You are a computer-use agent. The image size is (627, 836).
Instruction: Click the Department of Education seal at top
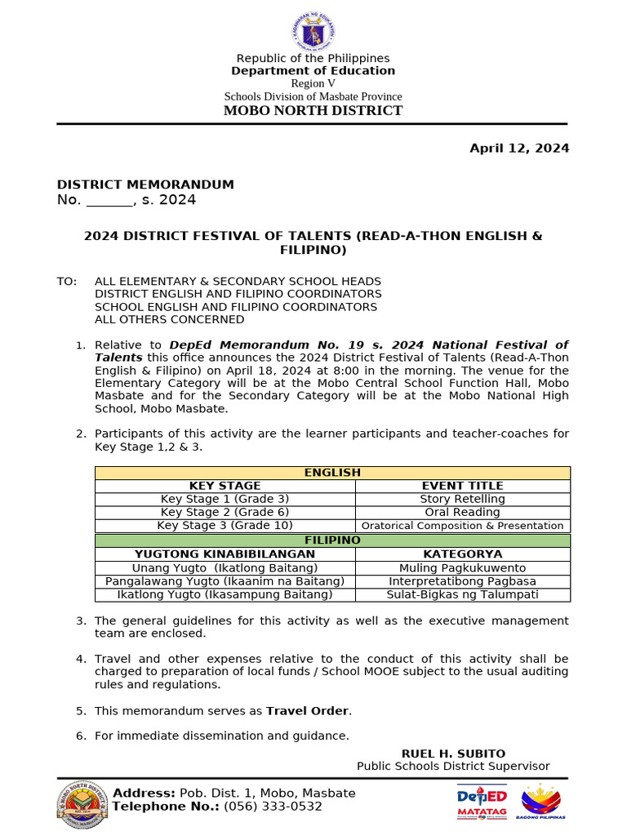click(x=313, y=31)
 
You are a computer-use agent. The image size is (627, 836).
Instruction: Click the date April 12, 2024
click(x=518, y=148)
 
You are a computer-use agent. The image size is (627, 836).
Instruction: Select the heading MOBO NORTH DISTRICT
click(x=313, y=110)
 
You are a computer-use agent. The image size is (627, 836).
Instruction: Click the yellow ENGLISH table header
click(x=332, y=473)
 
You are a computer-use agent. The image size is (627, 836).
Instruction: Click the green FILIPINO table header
click(x=332, y=540)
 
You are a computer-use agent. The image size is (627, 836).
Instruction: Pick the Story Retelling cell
click(x=462, y=499)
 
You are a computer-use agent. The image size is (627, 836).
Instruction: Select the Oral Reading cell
click(x=462, y=512)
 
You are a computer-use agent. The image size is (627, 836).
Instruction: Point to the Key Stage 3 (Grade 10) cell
click(x=225, y=525)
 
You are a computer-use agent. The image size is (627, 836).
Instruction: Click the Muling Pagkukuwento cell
click(x=462, y=567)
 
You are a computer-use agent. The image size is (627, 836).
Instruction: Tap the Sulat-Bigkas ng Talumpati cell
click(x=462, y=594)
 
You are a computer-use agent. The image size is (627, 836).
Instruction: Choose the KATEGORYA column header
click(x=462, y=554)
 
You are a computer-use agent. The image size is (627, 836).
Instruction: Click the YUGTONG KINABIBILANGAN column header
click(x=225, y=554)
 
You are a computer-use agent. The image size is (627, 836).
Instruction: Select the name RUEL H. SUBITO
click(x=453, y=754)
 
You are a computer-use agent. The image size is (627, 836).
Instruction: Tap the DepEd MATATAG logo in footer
click(x=482, y=801)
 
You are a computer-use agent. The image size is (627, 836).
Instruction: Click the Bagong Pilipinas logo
click(x=542, y=801)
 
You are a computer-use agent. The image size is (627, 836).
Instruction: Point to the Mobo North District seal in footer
click(x=82, y=805)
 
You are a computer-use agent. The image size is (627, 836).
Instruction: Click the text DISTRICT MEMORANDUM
click(x=145, y=185)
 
